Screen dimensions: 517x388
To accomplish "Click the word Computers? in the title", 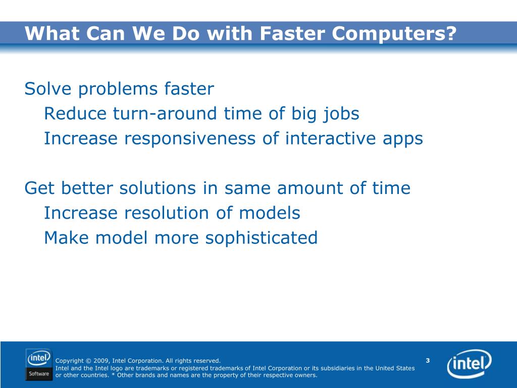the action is (x=394, y=34).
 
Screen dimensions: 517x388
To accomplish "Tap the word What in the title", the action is (x=52, y=33).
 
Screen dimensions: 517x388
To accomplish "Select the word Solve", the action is (x=48, y=89).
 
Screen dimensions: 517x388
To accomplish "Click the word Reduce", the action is (x=75, y=114).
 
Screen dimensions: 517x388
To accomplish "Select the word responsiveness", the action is (x=190, y=138).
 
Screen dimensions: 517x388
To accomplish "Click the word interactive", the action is (x=330, y=138).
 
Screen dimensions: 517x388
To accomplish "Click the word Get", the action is (x=39, y=188).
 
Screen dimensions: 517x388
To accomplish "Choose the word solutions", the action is (x=158, y=188).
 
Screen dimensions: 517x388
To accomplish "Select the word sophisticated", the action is (x=262, y=238).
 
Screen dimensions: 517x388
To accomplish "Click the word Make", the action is (x=66, y=237).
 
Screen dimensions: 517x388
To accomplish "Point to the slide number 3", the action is (x=428, y=360).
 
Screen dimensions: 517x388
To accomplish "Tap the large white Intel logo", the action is (x=469, y=364).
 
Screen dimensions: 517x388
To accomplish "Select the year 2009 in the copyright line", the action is (x=101, y=361).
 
